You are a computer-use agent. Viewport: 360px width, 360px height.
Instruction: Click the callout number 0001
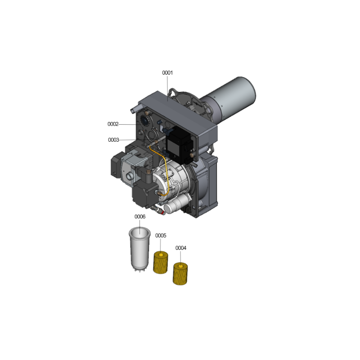(x=167, y=73)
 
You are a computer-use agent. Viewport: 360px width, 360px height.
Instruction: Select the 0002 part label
(x=113, y=124)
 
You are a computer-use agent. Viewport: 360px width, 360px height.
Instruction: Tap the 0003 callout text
(x=113, y=140)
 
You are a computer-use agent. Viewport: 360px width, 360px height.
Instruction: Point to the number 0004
(x=181, y=248)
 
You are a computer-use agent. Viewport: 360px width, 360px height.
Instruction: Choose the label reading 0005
(x=161, y=235)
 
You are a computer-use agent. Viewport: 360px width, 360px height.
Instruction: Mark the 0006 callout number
(x=140, y=216)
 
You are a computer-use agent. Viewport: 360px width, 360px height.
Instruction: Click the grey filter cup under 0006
(x=139, y=249)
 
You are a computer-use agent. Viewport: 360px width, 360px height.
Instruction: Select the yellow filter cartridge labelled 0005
(x=161, y=262)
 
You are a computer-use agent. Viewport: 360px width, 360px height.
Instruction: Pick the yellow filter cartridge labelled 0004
(x=180, y=274)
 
